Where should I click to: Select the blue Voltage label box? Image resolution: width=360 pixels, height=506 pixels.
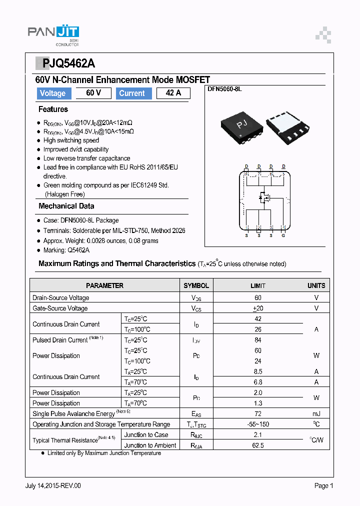(52, 93)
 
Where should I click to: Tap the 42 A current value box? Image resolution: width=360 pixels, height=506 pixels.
(173, 93)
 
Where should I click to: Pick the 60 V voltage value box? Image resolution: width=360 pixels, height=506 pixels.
(93, 93)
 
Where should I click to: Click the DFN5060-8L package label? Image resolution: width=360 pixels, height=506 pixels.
(224, 89)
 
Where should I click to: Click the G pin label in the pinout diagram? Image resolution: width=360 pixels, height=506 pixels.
(283, 235)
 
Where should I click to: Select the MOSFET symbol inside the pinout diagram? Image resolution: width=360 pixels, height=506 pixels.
(263, 198)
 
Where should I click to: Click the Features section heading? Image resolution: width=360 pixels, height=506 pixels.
(53, 109)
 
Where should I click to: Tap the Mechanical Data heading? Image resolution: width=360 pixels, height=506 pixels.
(66, 206)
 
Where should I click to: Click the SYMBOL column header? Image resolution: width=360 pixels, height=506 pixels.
(196, 285)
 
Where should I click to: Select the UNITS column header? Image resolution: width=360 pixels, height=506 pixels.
(316, 285)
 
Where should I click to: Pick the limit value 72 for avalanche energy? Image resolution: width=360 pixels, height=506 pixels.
(258, 414)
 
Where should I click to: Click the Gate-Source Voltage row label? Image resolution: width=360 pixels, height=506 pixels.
(60, 308)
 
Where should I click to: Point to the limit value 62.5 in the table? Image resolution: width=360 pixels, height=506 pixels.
(258, 445)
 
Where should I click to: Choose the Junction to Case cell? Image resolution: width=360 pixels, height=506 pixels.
(146, 435)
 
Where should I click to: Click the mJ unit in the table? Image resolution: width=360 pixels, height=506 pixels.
(316, 414)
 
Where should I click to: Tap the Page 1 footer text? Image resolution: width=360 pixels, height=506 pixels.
(323, 485)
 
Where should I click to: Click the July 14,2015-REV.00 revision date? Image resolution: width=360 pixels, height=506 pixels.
(53, 485)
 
